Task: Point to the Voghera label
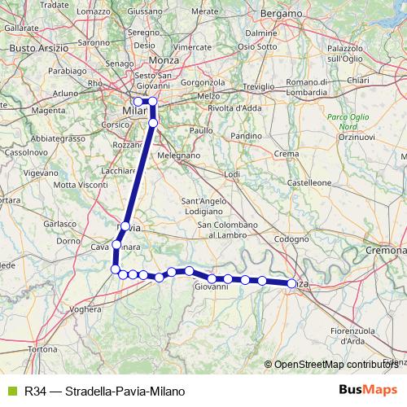point(85,309)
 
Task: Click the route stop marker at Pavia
point(125,227)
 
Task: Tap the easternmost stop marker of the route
point(291,283)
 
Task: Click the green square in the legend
point(11,391)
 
